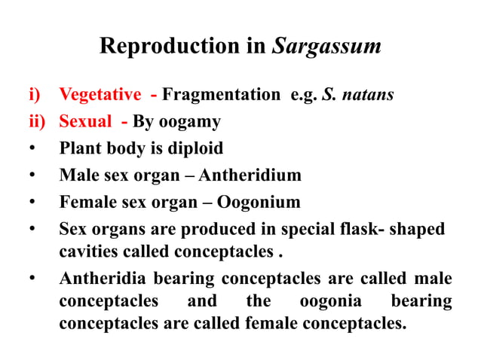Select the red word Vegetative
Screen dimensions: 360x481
pyautogui.click(x=100, y=95)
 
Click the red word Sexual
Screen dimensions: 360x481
pyautogui.click(x=84, y=122)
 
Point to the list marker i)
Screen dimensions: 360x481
pyautogui.click(x=34, y=95)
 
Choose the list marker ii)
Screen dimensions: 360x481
pyautogui.click(x=37, y=122)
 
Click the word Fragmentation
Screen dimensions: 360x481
pyautogui.click(x=221, y=95)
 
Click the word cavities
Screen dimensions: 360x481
pyautogui.click(x=88, y=251)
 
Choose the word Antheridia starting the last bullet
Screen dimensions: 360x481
pyautogui.click(x=103, y=279)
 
